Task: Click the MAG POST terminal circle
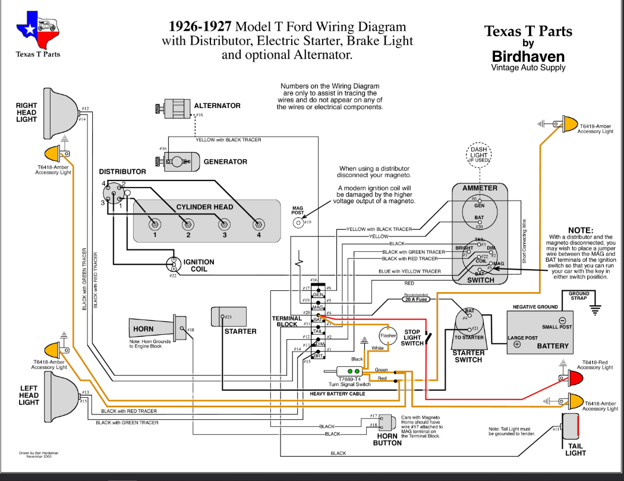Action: [x=298, y=222]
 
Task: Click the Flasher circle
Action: [x=388, y=336]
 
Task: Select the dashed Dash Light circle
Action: [x=478, y=155]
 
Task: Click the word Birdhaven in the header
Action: [x=528, y=56]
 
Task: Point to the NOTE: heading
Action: [x=580, y=230]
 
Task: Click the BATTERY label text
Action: [x=552, y=346]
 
